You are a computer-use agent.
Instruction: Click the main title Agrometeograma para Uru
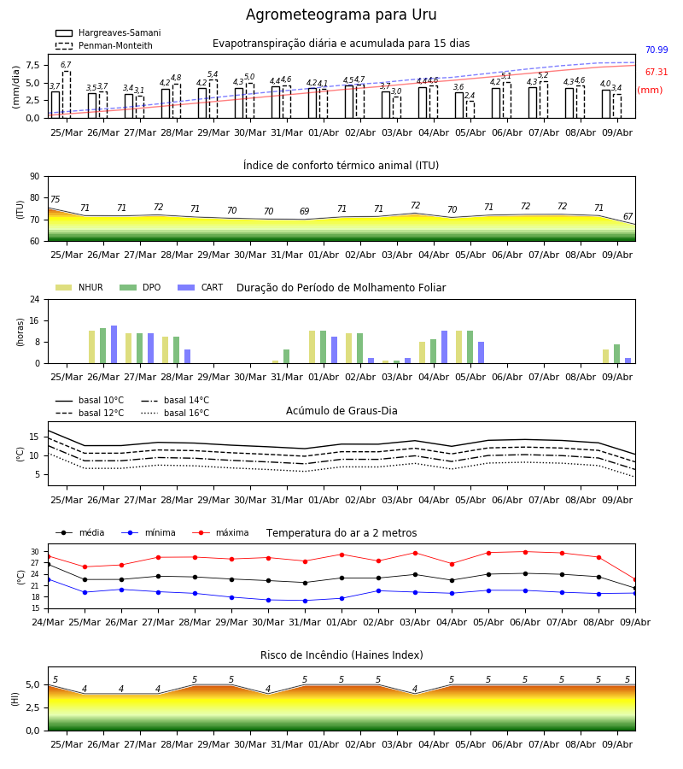pyautogui.click(x=341, y=15)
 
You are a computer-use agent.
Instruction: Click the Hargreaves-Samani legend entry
pyautogui.click(x=108, y=32)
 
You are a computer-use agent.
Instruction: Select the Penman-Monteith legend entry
pyautogui.click(x=104, y=45)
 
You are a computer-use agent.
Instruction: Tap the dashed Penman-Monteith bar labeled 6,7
pyautogui.click(x=66, y=95)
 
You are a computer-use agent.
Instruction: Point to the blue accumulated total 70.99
pyautogui.click(x=657, y=50)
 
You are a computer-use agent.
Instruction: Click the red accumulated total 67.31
pyautogui.click(x=657, y=72)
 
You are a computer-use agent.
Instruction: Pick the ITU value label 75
pyautogui.click(x=55, y=199)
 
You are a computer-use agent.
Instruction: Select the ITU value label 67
pyautogui.click(x=628, y=216)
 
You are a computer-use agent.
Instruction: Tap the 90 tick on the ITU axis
pyautogui.click(x=35, y=177)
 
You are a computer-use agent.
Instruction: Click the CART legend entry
pyautogui.click(x=201, y=287)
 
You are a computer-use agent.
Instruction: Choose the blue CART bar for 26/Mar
pyautogui.click(x=114, y=344)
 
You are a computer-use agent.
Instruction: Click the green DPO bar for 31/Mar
pyautogui.click(x=287, y=356)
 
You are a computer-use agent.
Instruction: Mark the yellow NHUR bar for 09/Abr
pyautogui.click(x=605, y=356)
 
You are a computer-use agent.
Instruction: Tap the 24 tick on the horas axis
pyautogui.click(x=35, y=300)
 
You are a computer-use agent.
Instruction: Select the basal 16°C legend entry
pyautogui.click(x=175, y=413)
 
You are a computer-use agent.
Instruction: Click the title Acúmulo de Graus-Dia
pyautogui.click(x=341, y=411)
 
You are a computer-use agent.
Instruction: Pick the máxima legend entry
pyautogui.click(x=221, y=532)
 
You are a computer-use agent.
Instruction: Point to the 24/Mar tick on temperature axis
pyautogui.click(x=48, y=622)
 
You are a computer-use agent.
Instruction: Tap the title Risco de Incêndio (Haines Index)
pyautogui.click(x=341, y=655)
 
